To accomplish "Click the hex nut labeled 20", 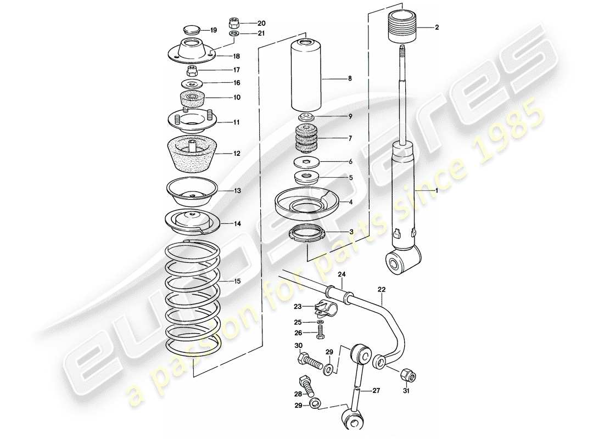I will (233, 24).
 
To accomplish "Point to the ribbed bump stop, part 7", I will (306, 140).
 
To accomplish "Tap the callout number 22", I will (382, 289).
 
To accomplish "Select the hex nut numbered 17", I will (192, 70).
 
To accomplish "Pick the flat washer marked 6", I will (306, 162).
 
